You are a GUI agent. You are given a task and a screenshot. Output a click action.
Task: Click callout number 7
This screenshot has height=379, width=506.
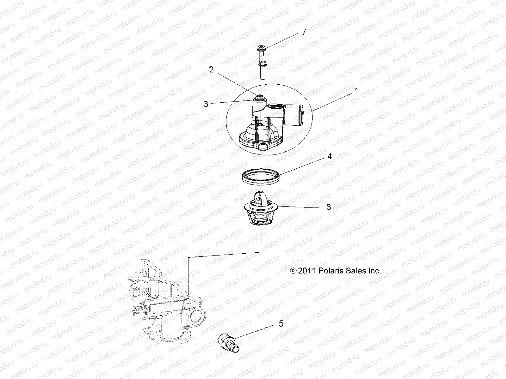pos(304,32)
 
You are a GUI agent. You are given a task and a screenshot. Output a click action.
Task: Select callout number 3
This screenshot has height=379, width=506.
pos(206,104)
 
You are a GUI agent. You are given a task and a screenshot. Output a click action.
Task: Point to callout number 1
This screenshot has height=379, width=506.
pos(356,91)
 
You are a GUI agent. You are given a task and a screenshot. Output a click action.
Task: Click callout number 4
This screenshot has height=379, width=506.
pos(329,156)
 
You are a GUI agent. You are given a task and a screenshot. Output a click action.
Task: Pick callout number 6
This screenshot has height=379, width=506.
pos(329,207)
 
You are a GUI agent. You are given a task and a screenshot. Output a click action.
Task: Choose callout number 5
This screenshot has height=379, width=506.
pos(281,323)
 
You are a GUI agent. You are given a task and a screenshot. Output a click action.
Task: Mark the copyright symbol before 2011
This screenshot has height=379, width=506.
pos(293,271)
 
